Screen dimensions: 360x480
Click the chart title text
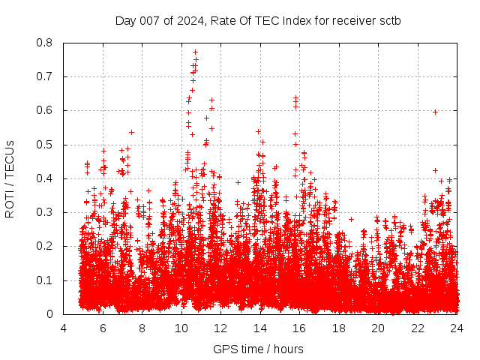(x=257, y=20)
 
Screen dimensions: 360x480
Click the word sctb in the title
(x=388, y=20)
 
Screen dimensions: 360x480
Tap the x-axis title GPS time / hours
(x=258, y=349)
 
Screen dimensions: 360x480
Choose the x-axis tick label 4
(x=63, y=328)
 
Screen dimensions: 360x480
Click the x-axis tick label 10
(x=181, y=328)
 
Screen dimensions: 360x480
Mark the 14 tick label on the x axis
(x=259, y=328)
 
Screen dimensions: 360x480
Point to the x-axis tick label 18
(x=338, y=328)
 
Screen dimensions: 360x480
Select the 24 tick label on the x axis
(x=456, y=328)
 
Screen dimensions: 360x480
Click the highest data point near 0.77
(x=195, y=52)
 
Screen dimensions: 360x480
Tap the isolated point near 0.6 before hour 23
(x=435, y=112)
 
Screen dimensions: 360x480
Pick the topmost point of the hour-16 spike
(x=295, y=98)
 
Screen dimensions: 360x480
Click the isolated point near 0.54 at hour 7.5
(x=131, y=132)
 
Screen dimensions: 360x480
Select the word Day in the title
(x=124, y=20)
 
